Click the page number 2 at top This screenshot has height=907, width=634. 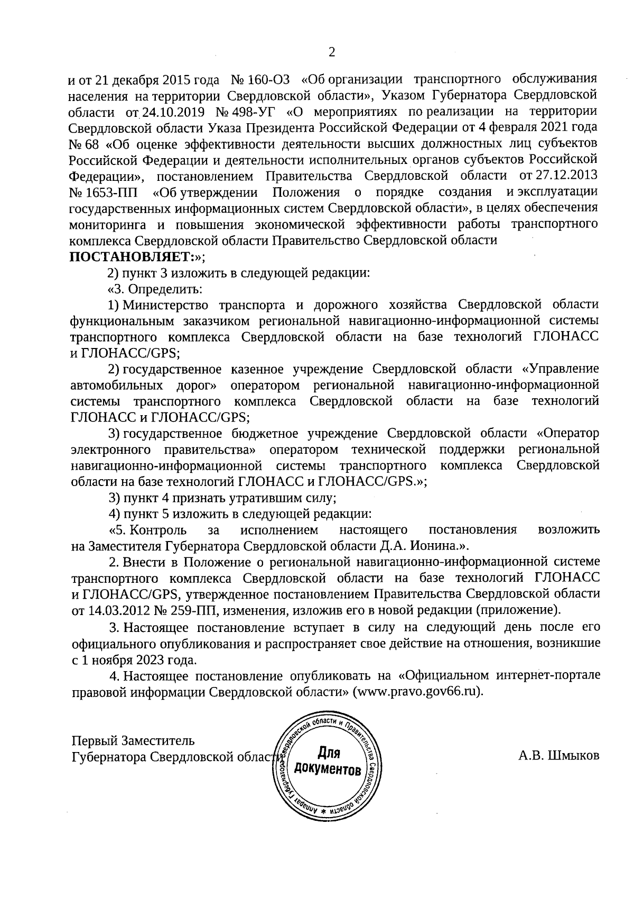(332, 52)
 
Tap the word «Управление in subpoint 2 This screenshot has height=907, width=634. (560, 368)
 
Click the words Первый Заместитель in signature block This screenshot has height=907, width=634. (133, 739)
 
